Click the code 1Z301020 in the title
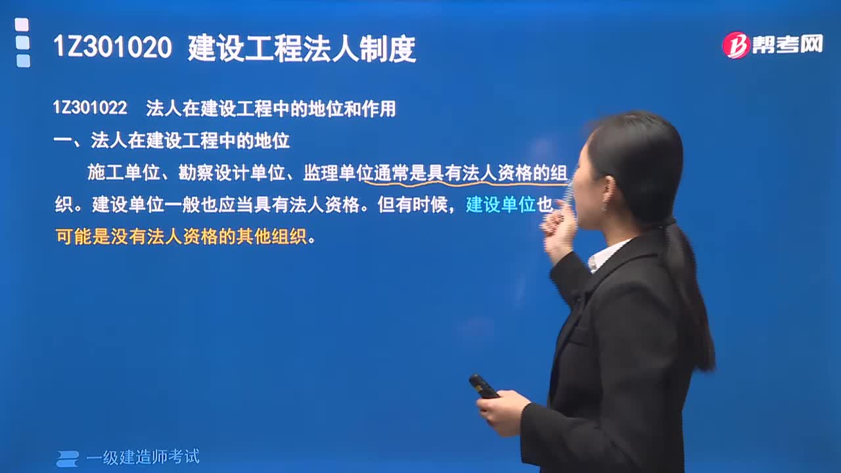(x=112, y=48)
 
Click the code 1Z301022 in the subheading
(x=90, y=108)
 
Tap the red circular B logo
(x=736, y=45)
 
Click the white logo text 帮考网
(x=788, y=45)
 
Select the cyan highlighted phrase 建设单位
(x=501, y=204)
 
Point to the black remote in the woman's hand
(x=484, y=386)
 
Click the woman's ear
(x=608, y=192)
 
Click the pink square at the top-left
(x=22, y=25)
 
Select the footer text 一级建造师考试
(x=143, y=457)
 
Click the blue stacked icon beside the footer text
(x=68, y=459)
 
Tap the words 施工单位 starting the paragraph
(x=124, y=173)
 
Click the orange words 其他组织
(x=271, y=237)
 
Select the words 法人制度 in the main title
(x=359, y=48)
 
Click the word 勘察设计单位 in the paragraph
(x=232, y=173)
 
